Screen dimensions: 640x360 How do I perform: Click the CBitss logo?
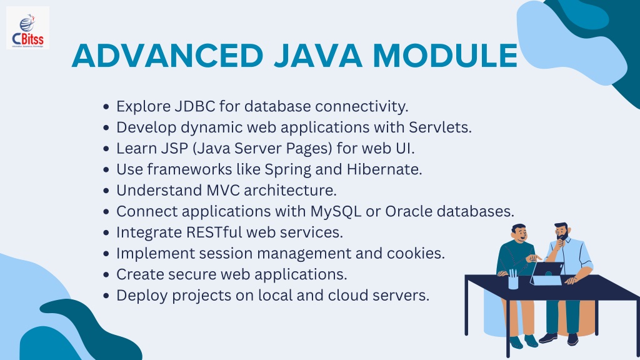[27, 28]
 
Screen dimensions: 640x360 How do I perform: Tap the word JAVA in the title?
[318, 56]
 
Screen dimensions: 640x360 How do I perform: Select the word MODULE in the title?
[445, 56]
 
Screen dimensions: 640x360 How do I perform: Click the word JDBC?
[195, 106]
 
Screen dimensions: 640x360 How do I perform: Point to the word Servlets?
[440, 127]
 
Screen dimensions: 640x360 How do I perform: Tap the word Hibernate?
[384, 169]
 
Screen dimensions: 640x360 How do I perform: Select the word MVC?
[223, 190]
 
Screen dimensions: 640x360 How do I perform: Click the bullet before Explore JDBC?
[106, 107]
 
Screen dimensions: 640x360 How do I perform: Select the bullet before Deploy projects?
[106, 296]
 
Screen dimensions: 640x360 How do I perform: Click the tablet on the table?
[547, 274]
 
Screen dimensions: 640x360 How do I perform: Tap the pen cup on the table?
[513, 279]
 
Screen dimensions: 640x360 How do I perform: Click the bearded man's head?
[561, 231]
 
